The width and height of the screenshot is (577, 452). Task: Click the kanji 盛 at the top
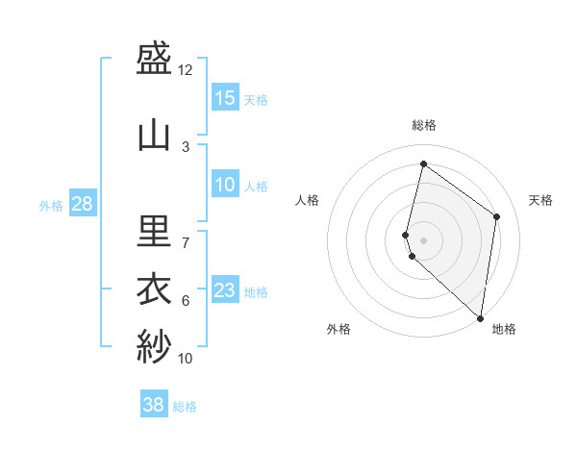pos(154,61)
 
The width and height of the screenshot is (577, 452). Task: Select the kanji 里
pos(154,232)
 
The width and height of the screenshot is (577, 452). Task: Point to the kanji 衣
pos(154,289)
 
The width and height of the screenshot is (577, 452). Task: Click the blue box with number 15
pos(225,98)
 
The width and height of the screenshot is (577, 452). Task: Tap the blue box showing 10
pos(225,185)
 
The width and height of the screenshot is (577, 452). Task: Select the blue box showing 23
pos(225,290)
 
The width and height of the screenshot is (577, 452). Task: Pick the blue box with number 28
pos(82,204)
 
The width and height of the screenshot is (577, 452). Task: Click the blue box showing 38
pos(154,405)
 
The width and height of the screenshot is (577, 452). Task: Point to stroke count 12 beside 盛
pos(186,69)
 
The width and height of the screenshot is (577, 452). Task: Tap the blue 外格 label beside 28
pos(51,205)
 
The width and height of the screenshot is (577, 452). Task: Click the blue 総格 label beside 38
pos(185,407)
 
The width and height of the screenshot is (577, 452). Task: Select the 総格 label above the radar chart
pos(424,125)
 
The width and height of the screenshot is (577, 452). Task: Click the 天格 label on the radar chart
pos(540,200)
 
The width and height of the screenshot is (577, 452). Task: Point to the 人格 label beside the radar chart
pos(307,200)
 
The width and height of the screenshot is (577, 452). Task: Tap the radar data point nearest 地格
pos(480,318)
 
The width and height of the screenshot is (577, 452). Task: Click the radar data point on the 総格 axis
pos(423,164)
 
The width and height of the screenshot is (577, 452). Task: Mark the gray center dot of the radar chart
pos(423,239)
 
